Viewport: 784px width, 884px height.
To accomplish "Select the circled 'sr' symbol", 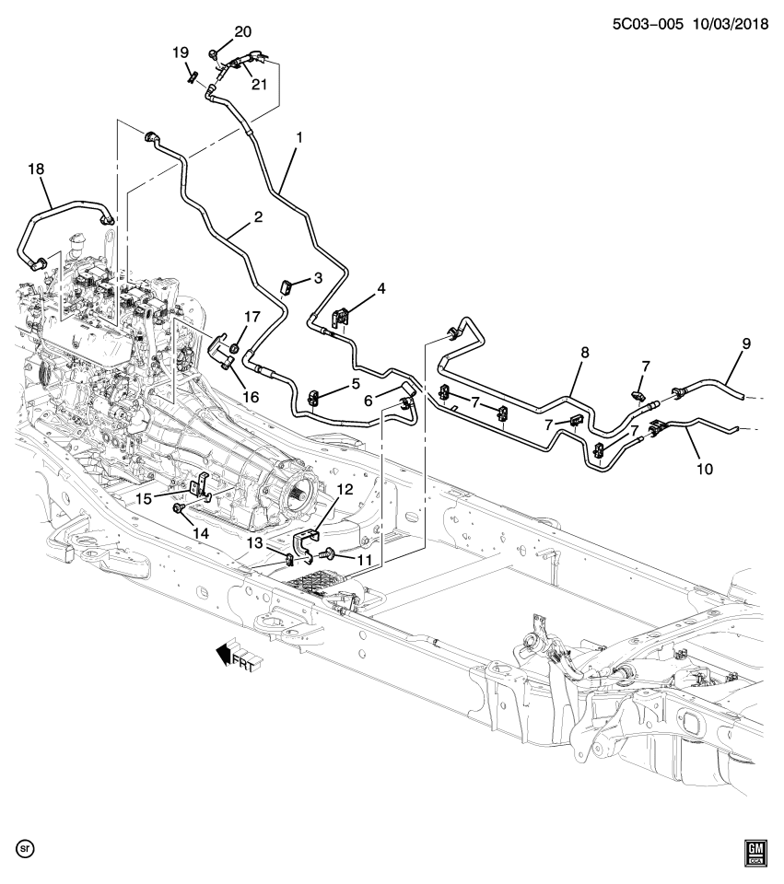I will click(26, 845).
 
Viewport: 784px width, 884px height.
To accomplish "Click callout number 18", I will click(36, 169).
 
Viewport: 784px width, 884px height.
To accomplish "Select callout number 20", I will click(242, 32).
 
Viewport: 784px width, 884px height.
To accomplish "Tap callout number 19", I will click(181, 52).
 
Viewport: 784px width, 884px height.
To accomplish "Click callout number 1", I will click(298, 138).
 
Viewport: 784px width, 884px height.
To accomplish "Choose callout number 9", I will click(746, 343).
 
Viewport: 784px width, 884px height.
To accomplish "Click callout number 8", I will click(584, 352).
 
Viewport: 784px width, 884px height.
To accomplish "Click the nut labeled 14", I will click(179, 507).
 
